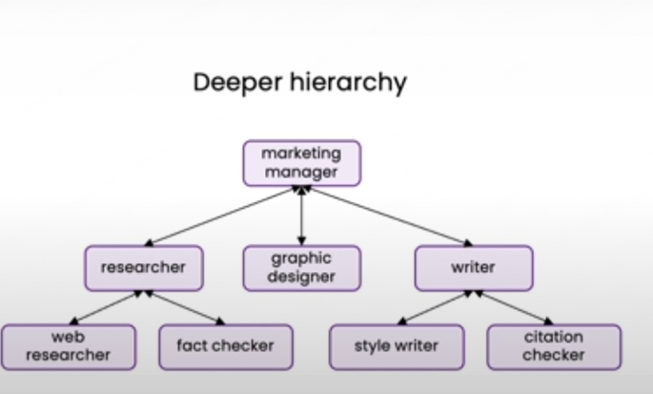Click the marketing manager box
(301, 163)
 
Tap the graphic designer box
(301, 268)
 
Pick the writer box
(474, 268)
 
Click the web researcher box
(68, 346)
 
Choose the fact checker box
(224, 346)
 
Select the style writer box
(397, 346)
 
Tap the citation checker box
(554, 346)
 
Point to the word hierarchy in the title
(350, 83)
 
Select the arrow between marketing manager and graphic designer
(301, 216)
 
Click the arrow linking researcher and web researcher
(107, 308)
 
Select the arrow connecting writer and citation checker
(514, 308)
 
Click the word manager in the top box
(301, 173)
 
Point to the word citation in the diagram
(554, 337)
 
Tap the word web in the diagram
(68, 337)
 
